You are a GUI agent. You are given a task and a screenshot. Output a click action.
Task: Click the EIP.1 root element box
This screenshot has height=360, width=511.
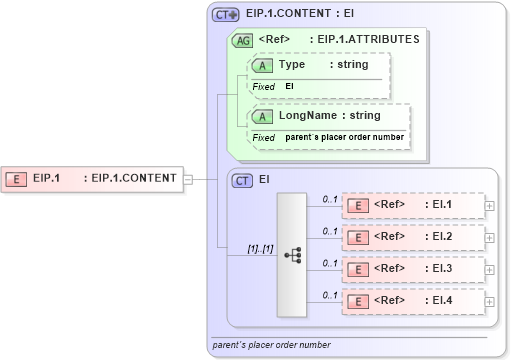(x=90, y=179)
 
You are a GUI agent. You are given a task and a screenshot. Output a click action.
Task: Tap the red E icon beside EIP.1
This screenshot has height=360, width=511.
(x=17, y=179)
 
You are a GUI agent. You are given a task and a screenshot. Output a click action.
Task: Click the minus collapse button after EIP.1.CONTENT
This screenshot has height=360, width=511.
(x=187, y=179)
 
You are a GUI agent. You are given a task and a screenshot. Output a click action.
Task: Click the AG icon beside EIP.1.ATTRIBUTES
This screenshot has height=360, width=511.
(x=242, y=41)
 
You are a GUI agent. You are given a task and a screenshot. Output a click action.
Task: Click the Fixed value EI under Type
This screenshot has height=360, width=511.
(x=290, y=87)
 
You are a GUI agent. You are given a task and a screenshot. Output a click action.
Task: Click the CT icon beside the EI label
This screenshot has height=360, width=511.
(x=242, y=181)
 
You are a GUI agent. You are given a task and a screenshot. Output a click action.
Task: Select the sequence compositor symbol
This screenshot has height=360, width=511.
(x=293, y=255)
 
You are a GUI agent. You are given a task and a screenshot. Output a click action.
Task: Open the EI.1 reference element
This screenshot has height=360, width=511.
(x=412, y=206)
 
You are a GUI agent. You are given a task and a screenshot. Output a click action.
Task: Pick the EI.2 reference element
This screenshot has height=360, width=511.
(x=412, y=237)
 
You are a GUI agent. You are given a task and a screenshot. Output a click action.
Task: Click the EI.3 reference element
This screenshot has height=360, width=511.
(x=412, y=269)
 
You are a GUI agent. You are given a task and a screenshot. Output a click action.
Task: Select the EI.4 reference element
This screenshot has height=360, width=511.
(x=412, y=301)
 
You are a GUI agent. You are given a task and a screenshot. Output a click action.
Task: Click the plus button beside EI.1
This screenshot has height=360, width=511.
(x=489, y=206)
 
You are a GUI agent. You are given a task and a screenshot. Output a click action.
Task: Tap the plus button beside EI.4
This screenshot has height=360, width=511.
(x=489, y=301)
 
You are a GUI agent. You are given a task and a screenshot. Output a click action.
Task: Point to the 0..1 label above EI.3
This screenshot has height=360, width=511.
(x=329, y=263)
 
